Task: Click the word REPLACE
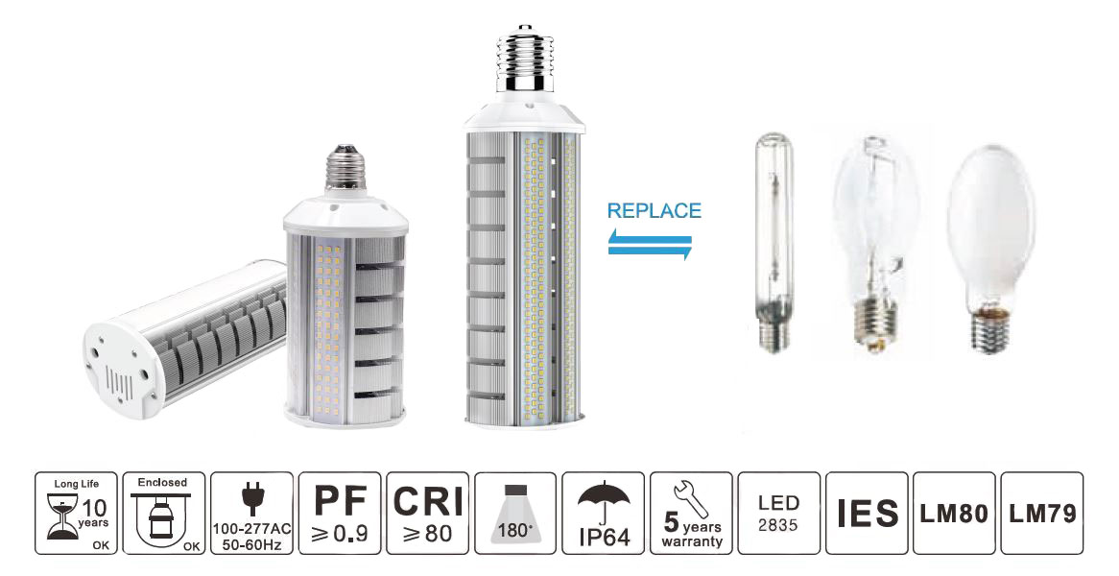click(655, 210)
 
